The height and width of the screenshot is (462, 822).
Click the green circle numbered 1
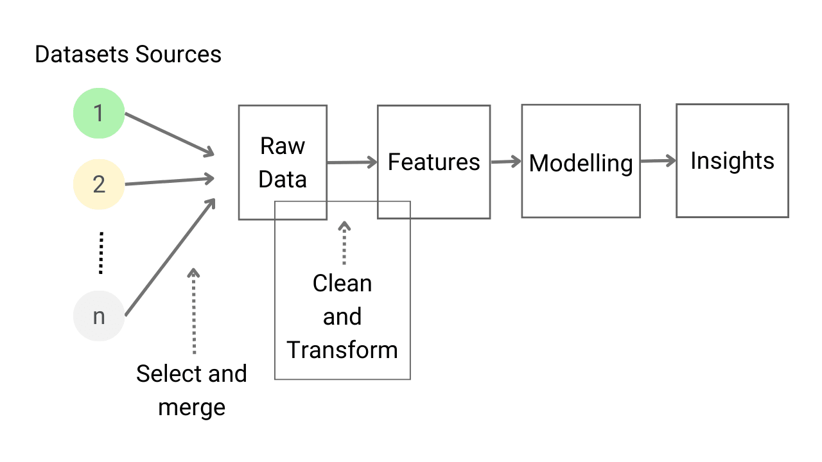pos(98,114)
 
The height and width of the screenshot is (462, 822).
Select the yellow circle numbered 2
pos(98,184)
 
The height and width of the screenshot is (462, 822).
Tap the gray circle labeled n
pos(98,316)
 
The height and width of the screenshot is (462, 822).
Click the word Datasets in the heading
pos(74,55)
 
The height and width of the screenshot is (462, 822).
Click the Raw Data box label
pos(283,163)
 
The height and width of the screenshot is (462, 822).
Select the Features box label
pos(433,162)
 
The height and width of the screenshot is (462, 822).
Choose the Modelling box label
pos(581,163)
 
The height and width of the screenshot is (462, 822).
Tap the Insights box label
pos(732,160)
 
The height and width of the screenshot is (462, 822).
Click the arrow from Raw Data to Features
pos(352,163)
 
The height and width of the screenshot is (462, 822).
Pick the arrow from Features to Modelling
pos(506,162)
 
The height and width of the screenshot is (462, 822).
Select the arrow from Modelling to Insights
pos(658,160)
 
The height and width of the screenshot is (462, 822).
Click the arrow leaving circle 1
pos(169,135)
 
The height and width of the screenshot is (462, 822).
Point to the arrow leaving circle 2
pos(169,182)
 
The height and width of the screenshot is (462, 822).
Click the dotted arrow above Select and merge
pos(193,311)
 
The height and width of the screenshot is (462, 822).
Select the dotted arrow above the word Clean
pos(344,244)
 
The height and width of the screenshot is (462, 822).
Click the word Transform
pos(342,350)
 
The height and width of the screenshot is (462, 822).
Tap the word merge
pos(191,407)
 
